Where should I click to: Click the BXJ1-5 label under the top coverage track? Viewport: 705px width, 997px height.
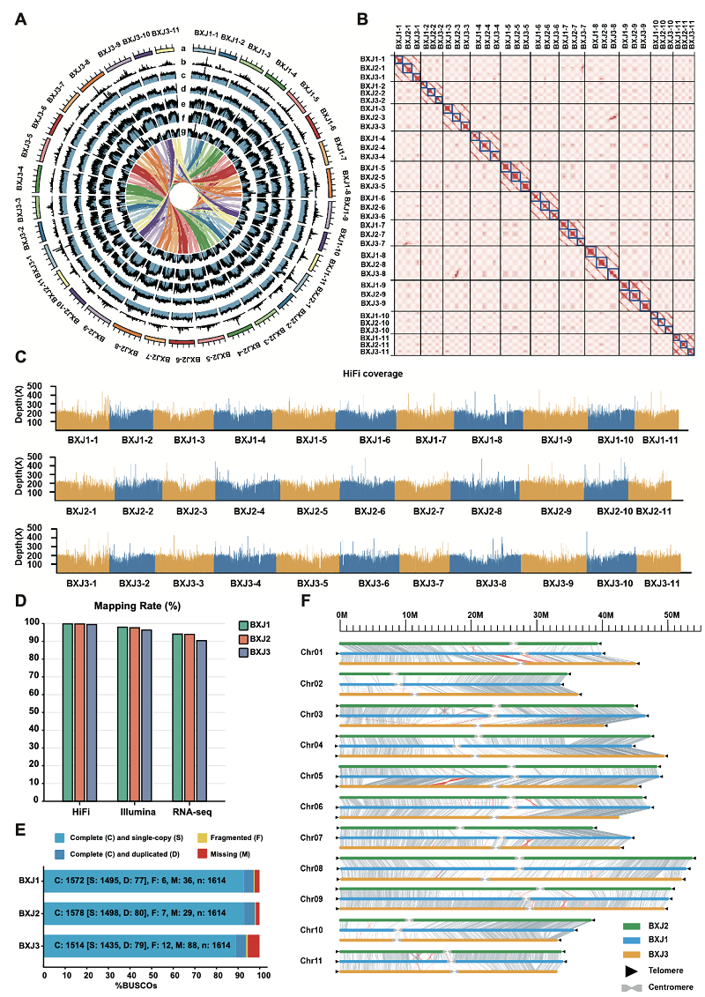pos(314,439)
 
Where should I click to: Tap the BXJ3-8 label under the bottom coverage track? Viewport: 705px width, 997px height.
pos(486,583)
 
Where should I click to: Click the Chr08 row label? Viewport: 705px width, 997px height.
pos(312,868)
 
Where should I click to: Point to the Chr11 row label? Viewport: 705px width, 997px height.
pos(312,960)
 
